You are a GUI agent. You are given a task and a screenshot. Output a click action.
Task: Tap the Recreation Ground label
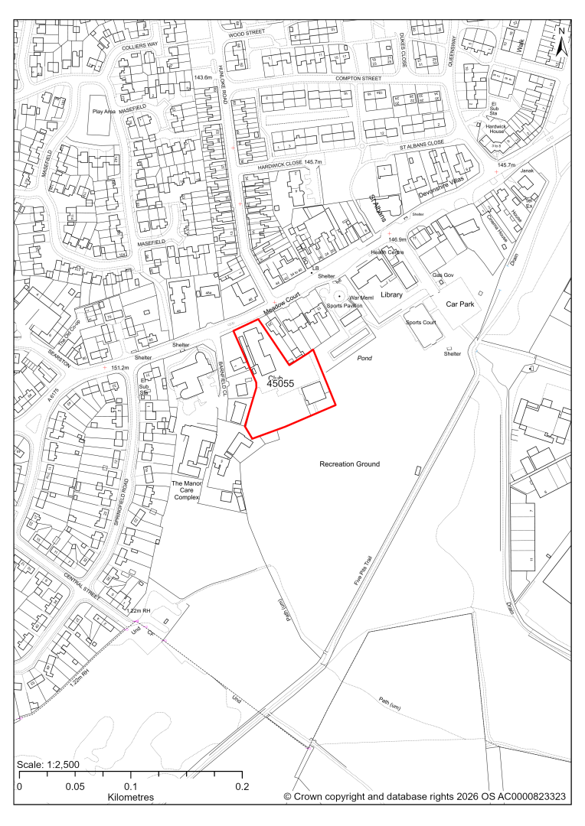click(x=351, y=464)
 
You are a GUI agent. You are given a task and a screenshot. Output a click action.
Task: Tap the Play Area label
click(x=106, y=111)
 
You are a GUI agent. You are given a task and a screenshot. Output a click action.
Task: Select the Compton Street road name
click(x=358, y=78)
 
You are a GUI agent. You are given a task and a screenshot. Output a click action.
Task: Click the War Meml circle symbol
click(x=339, y=295)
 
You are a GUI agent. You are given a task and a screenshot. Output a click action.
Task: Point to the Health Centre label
click(x=387, y=252)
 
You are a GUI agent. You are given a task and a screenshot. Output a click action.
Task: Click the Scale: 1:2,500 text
click(x=49, y=765)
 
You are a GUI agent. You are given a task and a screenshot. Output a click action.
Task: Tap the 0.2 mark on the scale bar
click(x=243, y=785)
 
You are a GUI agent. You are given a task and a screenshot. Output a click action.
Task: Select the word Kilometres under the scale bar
click(x=131, y=797)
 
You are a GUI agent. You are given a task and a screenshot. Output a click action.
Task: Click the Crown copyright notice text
click(x=425, y=797)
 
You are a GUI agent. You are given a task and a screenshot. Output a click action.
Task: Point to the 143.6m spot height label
click(x=203, y=78)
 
